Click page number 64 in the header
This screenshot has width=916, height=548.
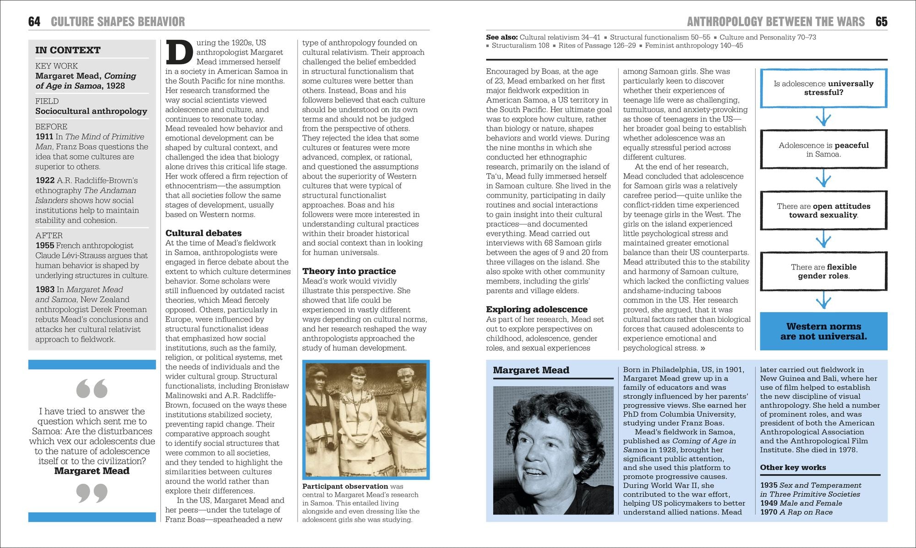pyautogui.click(x=34, y=22)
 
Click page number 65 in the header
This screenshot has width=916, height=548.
pyautogui.click(x=881, y=22)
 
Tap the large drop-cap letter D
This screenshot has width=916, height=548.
pyautogui.click(x=179, y=52)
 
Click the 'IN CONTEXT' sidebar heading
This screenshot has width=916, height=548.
pyautogui.click(x=68, y=50)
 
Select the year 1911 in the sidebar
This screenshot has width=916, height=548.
pyautogui.click(x=44, y=137)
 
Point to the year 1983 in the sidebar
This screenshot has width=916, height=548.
pyautogui.click(x=45, y=290)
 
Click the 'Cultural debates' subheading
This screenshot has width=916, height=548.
pyautogui.click(x=203, y=233)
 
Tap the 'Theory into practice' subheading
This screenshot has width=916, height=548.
pyautogui.click(x=349, y=271)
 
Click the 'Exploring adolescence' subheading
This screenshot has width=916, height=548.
pyautogui.click(x=536, y=309)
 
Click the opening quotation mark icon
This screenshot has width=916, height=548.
pyautogui.click(x=92, y=388)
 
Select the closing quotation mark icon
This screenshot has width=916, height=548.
pyautogui.click(x=92, y=493)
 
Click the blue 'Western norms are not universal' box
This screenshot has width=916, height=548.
pyautogui.click(x=823, y=331)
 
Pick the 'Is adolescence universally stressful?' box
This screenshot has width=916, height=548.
pyautogui.click(x=823, y=88)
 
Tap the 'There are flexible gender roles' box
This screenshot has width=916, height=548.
pyautogui.click(x=823, y=271)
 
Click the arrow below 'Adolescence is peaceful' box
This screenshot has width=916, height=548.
pyautogui.click(x=823, y=179)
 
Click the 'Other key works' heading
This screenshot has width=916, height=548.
pyautogui.click(x=793, y=467)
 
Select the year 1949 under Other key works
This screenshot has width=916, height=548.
pyautogui.click(x=769, y=503)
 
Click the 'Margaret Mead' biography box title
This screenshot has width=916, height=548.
pyautogui.click(x=531, y=370)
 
